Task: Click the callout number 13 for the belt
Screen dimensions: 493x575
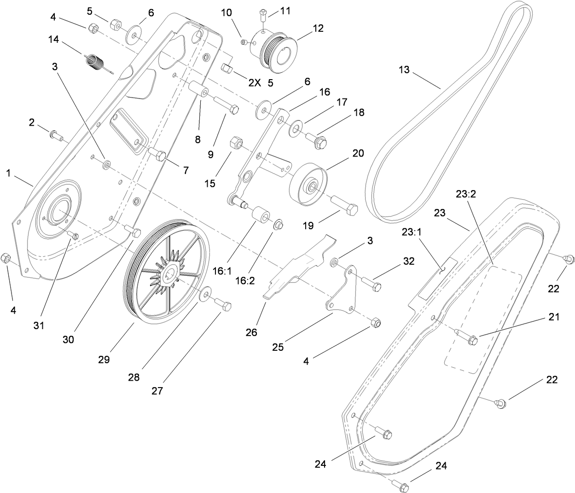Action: click(x=404, y=70)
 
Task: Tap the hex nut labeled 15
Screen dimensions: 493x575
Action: click(x=236, y=142)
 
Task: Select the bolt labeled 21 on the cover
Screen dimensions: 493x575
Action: click(x=466, y=339)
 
